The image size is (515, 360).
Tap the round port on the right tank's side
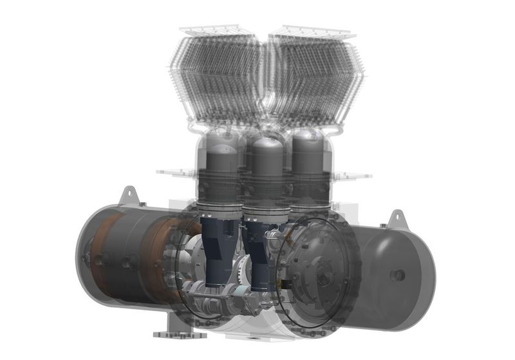398,275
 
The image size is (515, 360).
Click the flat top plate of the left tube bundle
216,30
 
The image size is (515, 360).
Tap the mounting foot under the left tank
173,333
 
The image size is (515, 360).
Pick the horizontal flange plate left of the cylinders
175,172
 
